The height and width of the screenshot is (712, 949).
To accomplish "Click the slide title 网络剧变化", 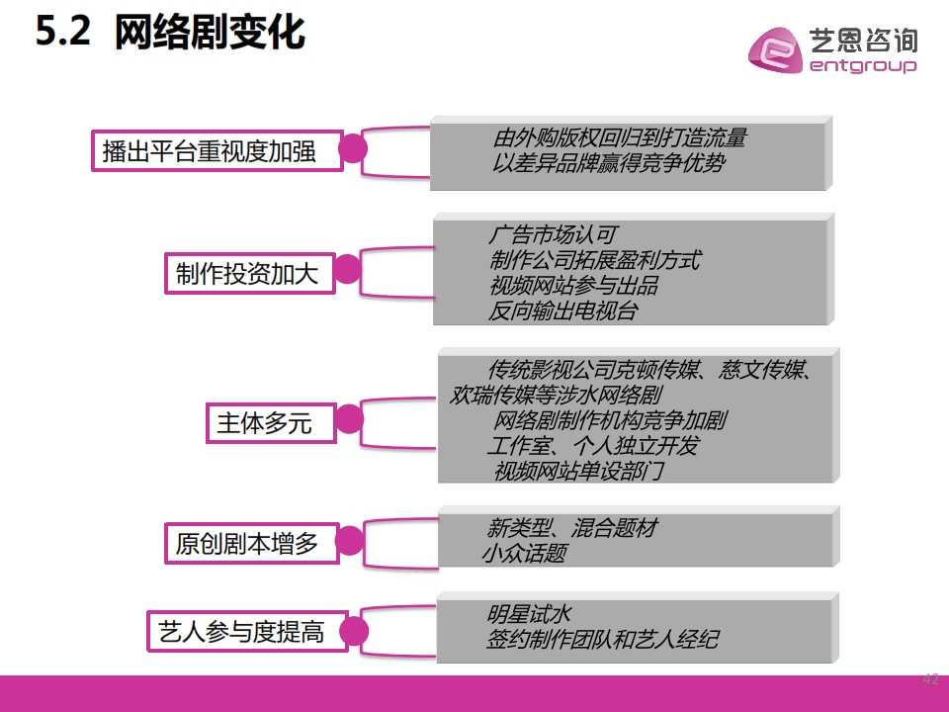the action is [x=210, y=32].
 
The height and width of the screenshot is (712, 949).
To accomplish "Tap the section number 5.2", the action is [x=63, y=31].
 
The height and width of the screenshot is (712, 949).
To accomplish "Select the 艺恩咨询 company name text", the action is [x=864, y=41].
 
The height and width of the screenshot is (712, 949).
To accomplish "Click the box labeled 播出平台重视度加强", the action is [x=217, y=150].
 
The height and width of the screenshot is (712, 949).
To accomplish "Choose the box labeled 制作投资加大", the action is [x=250, y=274].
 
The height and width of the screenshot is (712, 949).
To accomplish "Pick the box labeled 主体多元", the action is [x=271, y=423].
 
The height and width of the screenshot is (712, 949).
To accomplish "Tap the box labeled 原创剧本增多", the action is [x=252, y=543].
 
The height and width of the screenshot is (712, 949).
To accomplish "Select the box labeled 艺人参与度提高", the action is [x=247, y=632].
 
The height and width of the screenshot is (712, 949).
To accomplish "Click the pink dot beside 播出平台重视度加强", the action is [x=352, y=149].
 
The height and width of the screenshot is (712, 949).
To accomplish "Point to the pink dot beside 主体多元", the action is [x=349, y=419].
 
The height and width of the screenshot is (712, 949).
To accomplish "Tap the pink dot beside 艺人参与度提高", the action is [x=354, y=632].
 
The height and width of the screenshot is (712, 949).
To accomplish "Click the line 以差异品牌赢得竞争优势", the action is [x=608, y=163].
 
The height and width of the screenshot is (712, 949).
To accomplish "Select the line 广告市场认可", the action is [x=553, y=234].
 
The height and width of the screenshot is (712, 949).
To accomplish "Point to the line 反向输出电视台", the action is [x=562, y=311].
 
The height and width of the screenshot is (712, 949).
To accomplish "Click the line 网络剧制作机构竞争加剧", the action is [x=610, y=419].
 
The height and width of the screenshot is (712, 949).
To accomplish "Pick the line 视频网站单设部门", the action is [x=579, y=471].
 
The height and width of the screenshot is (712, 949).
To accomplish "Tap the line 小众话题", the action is [x=525, y=552].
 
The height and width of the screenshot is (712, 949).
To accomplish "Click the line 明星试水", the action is [x=528, y=614].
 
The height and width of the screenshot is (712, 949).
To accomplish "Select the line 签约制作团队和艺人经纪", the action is [x=602, y=639].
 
